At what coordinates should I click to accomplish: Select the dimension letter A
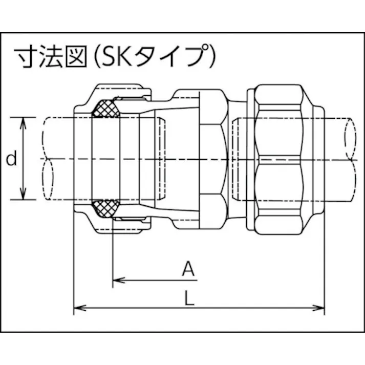point(189,268)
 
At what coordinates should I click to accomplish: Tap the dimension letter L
point(189,298)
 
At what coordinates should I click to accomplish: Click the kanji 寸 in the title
point(25,55)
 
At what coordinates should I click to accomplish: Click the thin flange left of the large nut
point(250,159)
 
